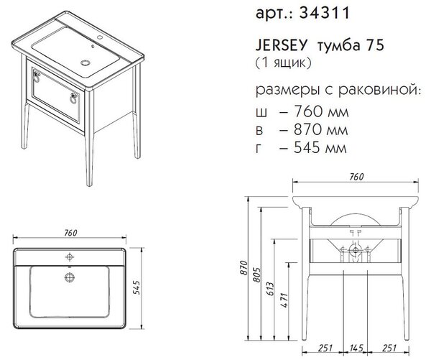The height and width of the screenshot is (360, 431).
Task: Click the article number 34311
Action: pos(324,13)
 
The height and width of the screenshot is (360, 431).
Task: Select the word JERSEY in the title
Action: pos(281,45)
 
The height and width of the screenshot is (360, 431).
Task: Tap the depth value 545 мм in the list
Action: pos(320,148)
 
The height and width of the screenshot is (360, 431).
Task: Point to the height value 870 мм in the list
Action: pos(321,129)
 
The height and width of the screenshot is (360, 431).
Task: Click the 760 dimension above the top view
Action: pos(70,233)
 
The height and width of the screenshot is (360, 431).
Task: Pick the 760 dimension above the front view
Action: pos(356,177)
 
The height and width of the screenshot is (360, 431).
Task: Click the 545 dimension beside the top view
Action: pos(136,287)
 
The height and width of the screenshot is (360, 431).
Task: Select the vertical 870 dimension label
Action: pos(244,267)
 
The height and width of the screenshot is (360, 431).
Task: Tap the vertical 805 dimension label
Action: pos(256,274)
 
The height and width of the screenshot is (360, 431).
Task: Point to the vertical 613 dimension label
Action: pos(271,288)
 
